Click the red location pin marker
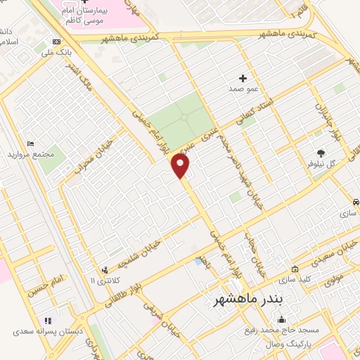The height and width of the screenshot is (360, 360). tap(181, 166)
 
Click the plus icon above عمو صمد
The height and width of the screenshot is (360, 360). tap(243, 78)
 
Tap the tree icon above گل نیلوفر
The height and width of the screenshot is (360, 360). tap(321, 153)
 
